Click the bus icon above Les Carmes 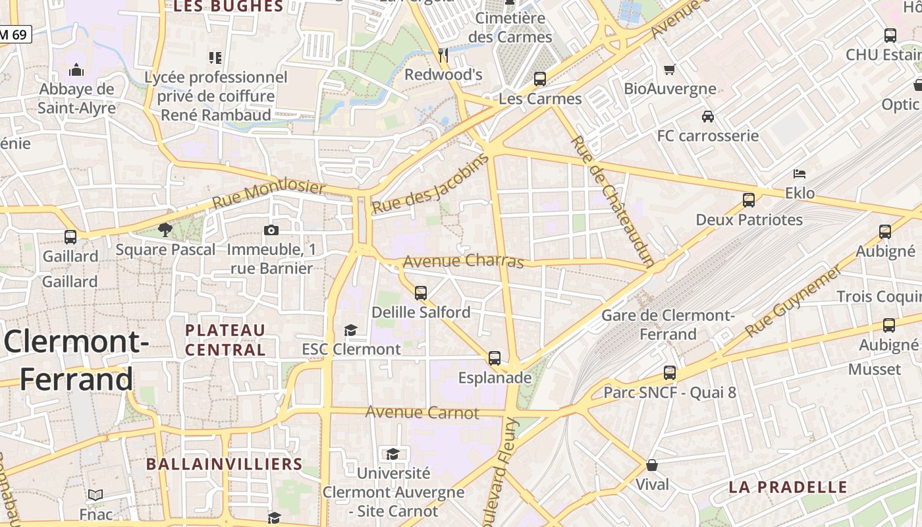tap(540, 79)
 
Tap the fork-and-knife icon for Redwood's tap(443, 55)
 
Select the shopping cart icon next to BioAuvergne tap(670, 69)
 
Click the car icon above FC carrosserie tap(708, 117)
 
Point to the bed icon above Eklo tap(800, 174)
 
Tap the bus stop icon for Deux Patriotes tap(749, 200)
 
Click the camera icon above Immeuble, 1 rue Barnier tap(271, 230)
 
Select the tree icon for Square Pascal tap(165, 230)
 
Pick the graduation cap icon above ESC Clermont tap(351, 329)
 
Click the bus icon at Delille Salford tap(421, 292)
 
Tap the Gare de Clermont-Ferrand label tap(668, 325)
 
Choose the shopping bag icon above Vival tap(652, 465)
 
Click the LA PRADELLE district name tap(788, 487)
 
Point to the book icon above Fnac tap(95, 495)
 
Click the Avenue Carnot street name tap(422, 413)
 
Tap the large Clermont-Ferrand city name tap(76, 361)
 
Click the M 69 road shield tap(14, 34)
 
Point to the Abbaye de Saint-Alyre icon tap(76, 70)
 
